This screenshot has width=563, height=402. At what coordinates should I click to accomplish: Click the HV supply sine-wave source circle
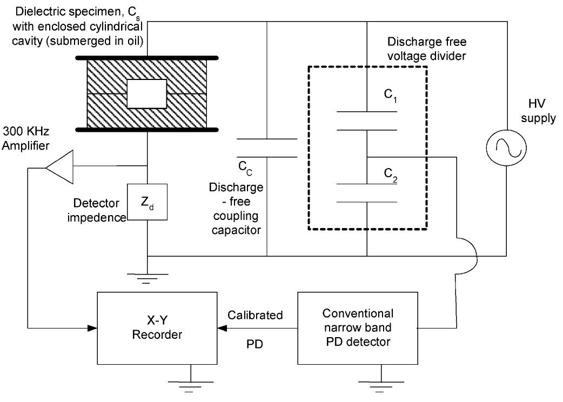pyautogui.click(x=506, y=147)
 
